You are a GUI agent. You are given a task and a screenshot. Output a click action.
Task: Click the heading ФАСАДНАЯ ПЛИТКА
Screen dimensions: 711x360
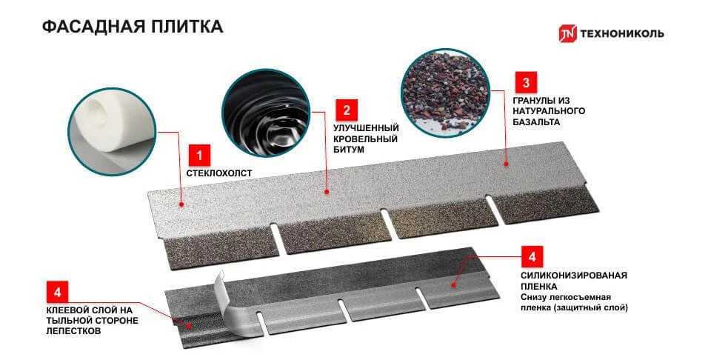click(133, 27)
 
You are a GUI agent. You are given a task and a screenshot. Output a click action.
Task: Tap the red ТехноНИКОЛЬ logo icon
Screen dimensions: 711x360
click(567, 33)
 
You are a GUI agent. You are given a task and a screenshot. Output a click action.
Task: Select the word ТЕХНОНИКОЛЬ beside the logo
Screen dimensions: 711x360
click(621, 33)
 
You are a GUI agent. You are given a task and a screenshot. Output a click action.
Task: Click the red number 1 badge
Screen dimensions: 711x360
click(199, 156)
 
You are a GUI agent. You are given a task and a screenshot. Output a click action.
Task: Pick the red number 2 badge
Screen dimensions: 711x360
click(347, 110)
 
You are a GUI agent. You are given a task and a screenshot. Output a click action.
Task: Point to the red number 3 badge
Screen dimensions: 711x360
click(526, 82)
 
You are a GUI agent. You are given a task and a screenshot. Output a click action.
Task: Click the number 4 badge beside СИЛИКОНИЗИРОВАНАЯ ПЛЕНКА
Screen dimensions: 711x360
click(532, 257)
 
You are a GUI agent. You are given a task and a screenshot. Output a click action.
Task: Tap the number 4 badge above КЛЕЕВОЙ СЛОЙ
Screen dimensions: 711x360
click(58, 293)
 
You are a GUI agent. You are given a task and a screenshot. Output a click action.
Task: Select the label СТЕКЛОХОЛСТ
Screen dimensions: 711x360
click(219, 173)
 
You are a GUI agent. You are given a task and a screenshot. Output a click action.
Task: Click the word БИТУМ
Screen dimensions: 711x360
click(349, 150)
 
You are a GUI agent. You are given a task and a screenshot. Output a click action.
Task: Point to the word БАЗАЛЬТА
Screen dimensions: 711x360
click(536, 122)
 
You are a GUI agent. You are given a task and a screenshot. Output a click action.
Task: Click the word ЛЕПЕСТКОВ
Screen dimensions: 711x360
click(73, 331)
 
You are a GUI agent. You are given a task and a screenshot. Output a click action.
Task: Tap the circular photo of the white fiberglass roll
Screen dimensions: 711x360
click(112, 132)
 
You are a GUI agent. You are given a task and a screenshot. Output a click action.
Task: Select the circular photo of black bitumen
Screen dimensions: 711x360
click(266, 113)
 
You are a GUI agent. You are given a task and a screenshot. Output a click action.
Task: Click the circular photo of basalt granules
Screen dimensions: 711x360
click(446, 93)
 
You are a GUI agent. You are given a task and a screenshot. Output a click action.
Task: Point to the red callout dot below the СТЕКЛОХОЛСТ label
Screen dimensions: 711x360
click(181, 204)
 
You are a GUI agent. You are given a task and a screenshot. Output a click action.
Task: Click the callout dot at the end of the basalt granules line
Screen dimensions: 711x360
click(506, 164)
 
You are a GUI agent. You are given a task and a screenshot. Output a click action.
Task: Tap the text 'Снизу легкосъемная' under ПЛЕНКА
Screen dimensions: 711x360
click(565, 297)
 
